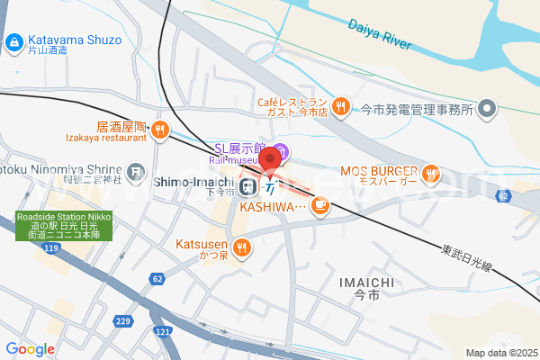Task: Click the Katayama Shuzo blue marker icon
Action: point(14,41)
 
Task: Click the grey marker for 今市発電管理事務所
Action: point(488,109)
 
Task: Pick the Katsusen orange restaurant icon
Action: point(241,247)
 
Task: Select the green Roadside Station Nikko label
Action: point(63,225)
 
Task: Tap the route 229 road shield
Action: point(124,322)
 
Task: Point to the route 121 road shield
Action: point(163,332)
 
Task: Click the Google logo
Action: point(30,349)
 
